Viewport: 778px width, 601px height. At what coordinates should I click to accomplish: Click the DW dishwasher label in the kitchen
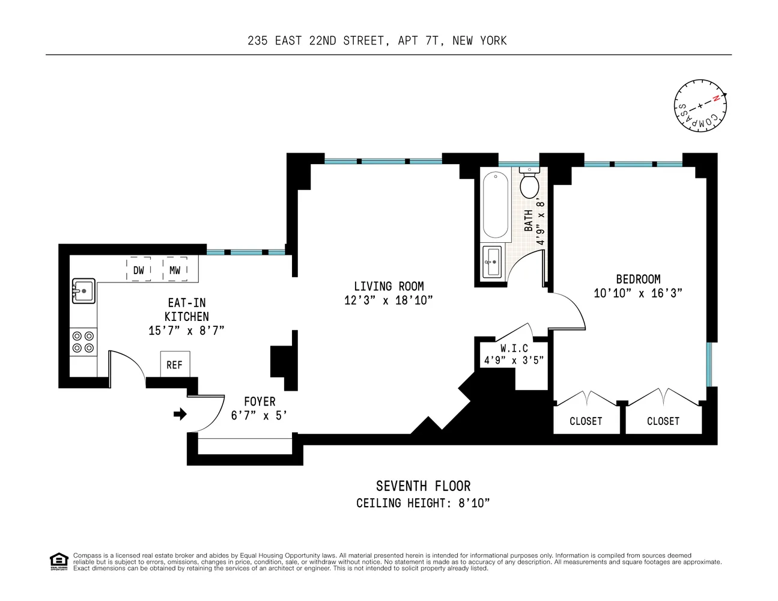point(139,270)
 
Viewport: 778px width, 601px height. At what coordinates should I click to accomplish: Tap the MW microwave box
point(175,270)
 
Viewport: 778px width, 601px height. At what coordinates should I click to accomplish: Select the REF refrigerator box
point(174,365)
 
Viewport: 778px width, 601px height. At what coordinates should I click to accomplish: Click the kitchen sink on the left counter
point(83,291)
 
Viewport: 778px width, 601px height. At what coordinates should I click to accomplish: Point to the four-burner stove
point(83,342)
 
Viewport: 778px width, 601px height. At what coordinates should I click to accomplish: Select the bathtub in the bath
point(496,205)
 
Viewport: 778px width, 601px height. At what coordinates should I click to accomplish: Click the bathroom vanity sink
point(492,262)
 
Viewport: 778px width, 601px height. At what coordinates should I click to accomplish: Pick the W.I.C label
point(514,349)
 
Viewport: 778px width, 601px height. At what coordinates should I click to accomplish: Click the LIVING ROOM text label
point(389,287)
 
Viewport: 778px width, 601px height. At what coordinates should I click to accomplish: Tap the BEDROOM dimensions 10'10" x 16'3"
point(638,293)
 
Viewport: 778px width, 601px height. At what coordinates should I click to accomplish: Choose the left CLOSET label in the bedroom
point(586,421)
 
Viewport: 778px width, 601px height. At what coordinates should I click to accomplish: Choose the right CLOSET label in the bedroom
point(663,421)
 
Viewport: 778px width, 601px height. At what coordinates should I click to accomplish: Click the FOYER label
point(260,401)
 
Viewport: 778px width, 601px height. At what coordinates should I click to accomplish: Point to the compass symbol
point(700,106)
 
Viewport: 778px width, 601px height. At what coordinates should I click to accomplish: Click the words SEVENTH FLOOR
point(423,486)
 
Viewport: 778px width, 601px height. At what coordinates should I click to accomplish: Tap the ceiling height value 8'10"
point(474,503)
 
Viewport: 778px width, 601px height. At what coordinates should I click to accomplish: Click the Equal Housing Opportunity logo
point(58,561)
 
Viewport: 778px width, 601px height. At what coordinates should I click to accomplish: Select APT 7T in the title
point(418,41)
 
